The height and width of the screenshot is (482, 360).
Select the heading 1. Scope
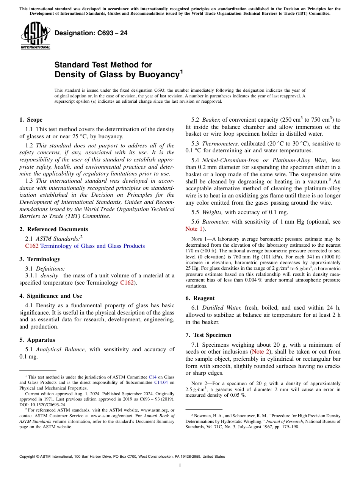point(31,120)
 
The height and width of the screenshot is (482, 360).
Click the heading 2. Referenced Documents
point(53,229)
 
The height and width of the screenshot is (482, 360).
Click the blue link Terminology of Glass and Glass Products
point(92,246)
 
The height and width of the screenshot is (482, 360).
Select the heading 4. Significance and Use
point(50,296)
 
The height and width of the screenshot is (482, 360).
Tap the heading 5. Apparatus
point(37,340)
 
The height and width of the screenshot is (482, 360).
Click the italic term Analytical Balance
point(61,349)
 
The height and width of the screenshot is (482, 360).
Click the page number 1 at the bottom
point(180,466)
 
